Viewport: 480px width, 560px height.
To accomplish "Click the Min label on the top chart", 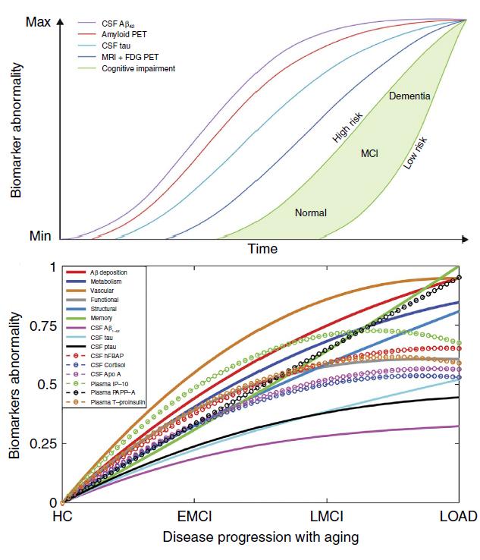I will point(39,235).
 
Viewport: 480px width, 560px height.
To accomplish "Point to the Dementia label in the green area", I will point(409,96).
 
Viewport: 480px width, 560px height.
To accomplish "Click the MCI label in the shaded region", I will point(369,153).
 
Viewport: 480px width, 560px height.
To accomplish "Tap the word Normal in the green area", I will point(310,212).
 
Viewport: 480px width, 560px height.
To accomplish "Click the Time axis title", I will point(262,248).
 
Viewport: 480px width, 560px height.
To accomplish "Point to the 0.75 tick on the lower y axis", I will point(42,326).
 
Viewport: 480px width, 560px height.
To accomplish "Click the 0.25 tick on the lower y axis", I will point(42,443).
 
